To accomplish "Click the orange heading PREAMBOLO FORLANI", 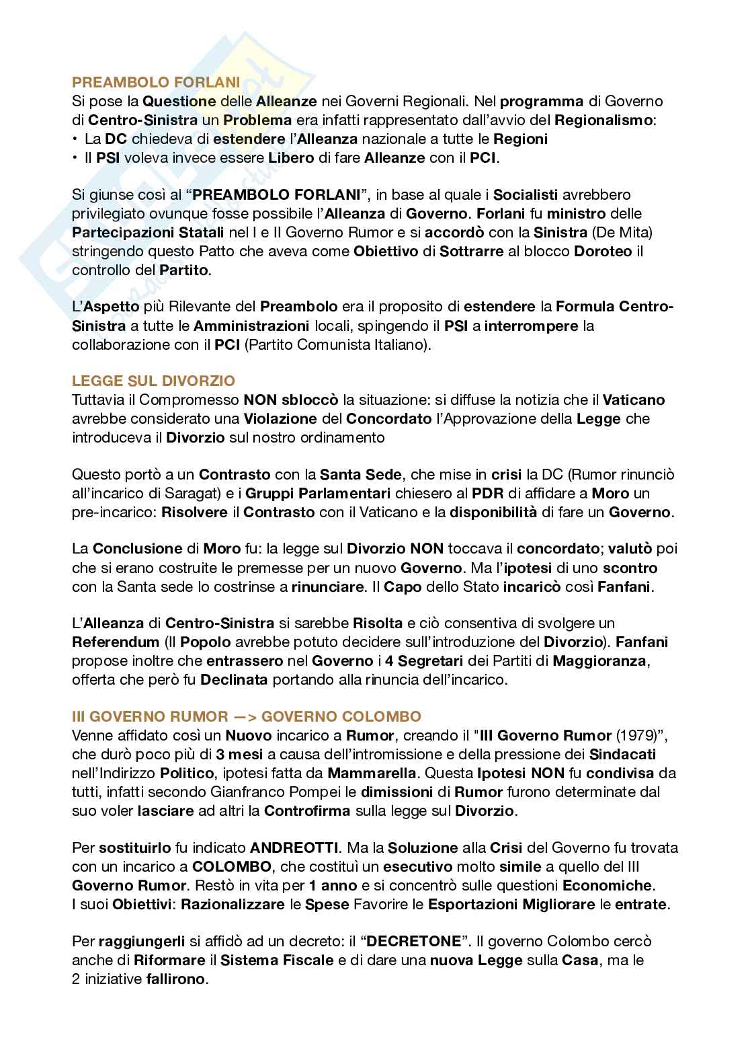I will tap(156, 83).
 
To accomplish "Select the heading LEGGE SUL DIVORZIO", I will tap(153, 381).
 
